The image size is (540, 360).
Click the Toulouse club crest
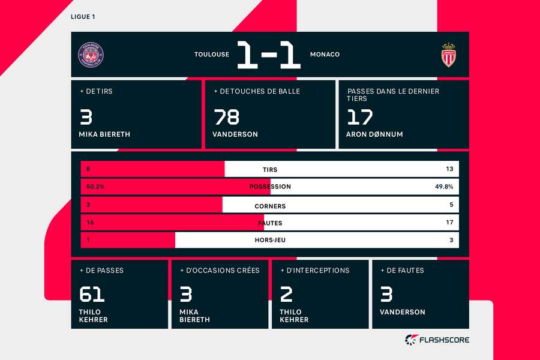point(91,55)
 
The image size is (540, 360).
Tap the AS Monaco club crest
point(448,55)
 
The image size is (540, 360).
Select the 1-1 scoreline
point(269,55)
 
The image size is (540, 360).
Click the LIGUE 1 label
point(83,16)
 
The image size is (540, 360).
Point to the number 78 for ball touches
point(226,116)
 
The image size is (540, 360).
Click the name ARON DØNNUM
point(374,134)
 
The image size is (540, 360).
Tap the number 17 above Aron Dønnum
point(359,116)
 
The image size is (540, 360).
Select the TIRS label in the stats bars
point(270,170)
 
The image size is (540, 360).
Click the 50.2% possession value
point(95,187)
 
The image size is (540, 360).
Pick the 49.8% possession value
point(444,187)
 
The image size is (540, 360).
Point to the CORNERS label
point(270,206)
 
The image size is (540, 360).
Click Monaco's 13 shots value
point(449,170)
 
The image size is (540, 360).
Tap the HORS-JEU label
point(270,241)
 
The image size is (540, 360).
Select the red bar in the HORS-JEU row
point(128,241)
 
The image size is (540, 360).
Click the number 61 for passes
point(92,294)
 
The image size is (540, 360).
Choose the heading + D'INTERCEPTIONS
point(314,271)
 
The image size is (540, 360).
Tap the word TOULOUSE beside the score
point(211,55)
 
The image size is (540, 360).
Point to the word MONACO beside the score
point(325,55)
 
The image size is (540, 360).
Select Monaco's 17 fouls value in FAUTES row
point(449,223)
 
